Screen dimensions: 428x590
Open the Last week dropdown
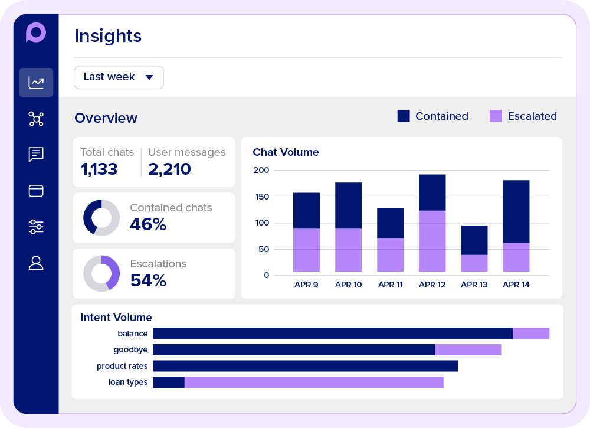119,77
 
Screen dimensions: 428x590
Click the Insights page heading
108,36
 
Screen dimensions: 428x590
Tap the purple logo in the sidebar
36,32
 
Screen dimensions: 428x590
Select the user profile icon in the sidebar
36,263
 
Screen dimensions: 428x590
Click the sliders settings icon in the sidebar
36,227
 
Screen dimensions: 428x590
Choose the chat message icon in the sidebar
36,155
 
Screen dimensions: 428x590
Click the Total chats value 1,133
99,169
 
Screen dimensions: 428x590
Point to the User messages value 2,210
169,169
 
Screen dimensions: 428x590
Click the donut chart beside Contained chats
101,218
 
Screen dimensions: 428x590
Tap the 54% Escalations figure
148,280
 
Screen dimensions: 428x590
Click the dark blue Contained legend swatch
404,116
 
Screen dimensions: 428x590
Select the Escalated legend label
532,116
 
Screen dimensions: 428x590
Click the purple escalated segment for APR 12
432,241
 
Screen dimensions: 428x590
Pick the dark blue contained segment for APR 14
516,211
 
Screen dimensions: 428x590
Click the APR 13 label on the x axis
474,285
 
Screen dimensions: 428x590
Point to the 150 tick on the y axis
261,197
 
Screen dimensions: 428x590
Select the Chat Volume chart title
286,152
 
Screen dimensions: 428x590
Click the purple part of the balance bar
531,334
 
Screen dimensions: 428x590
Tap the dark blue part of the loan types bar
169,383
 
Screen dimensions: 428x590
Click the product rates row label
122,366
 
